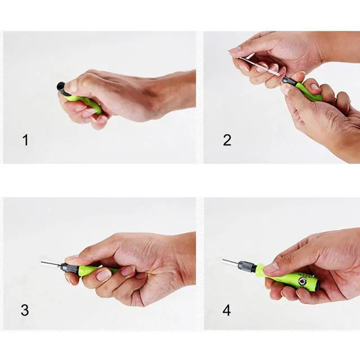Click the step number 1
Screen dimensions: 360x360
click(x=25, y=140)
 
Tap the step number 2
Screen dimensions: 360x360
click(x=227, y=140)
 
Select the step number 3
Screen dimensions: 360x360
click(x=25, y=310)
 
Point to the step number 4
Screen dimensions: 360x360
click(x=227, y=310)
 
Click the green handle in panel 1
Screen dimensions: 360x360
click(x=89, y=103)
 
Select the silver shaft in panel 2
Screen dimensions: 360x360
click(x=258, y=66)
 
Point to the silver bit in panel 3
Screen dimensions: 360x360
click(x=51, y=264)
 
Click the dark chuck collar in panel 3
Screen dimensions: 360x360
click(x=70, y=268)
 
